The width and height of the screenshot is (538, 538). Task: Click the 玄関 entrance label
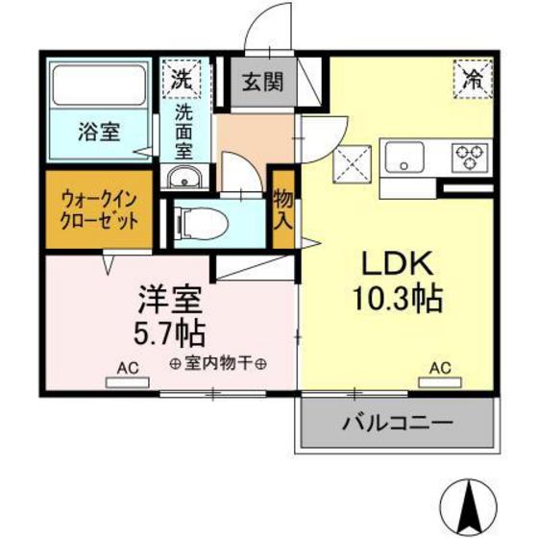[x=261, y=82]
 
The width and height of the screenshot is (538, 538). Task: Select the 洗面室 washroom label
[x=183, y=131]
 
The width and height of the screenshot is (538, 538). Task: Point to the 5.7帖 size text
[x=167, y=332]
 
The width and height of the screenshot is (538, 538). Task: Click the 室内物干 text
[x=219, y=363]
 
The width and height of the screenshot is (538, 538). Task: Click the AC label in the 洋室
[x=128, y=366]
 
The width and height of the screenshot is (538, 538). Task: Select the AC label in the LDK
[x=440, y=366]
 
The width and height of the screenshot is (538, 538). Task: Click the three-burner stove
[x=470, y=155]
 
